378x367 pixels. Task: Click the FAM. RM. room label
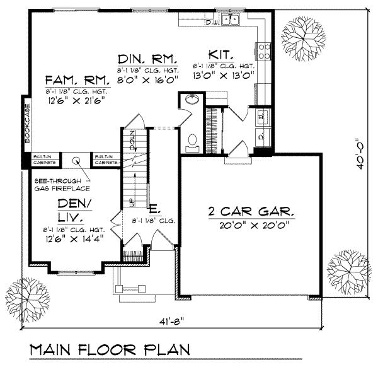77,81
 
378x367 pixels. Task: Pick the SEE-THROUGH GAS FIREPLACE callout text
62,184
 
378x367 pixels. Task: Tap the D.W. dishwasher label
212,23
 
